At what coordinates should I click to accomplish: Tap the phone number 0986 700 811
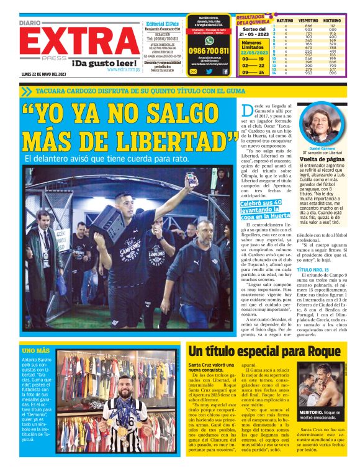pyautogui.click(x=208, y=51)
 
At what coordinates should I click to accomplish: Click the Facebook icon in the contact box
pyautogui.click(x=225, y=71)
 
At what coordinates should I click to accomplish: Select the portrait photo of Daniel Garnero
pyautogui.click(x=322, y=127)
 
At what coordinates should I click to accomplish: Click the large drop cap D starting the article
pyautogui.click(x=246, y=113)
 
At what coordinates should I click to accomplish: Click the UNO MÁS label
pyautogui.click(x=34, y=351)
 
